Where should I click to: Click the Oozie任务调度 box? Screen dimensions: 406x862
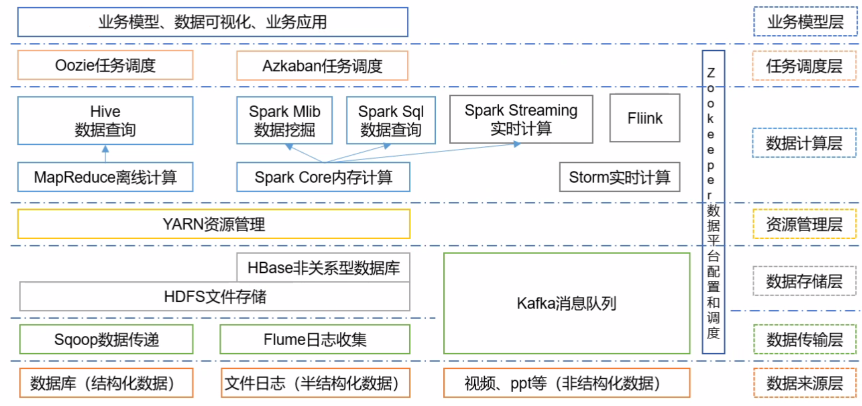tap(105, 65)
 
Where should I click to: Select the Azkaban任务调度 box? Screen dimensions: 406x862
tap(322, 66)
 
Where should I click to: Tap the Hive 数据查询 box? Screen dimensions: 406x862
tap(105, 120)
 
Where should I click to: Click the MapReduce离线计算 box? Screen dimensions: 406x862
tap(105, 177)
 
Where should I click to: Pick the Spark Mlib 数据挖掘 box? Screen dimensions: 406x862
tap(284, 120)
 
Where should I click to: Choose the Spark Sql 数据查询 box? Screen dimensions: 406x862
tap(391, 120)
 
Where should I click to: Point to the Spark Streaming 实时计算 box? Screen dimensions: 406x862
tap(521, 119)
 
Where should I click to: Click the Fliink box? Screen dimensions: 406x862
tap(644, 118)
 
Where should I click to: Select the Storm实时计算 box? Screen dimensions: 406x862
tap(619, 177)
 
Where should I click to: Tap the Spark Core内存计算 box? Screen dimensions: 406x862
tap(323, 177)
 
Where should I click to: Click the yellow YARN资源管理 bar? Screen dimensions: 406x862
tap(214, 224)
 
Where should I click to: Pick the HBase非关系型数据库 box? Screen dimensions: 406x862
tap(323, 267)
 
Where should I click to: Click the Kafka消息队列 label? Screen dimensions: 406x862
tap(566, 303)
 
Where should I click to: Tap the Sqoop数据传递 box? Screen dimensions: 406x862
tap(106, 339)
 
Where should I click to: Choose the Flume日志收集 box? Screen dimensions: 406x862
tap(315, 339)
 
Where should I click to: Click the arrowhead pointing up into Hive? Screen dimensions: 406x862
tap(105, 149)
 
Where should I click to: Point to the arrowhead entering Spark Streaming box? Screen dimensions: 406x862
tap(517, 144)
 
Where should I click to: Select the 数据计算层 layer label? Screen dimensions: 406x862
tap(804, 143)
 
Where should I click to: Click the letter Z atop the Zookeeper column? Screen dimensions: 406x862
tap(710, 73)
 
